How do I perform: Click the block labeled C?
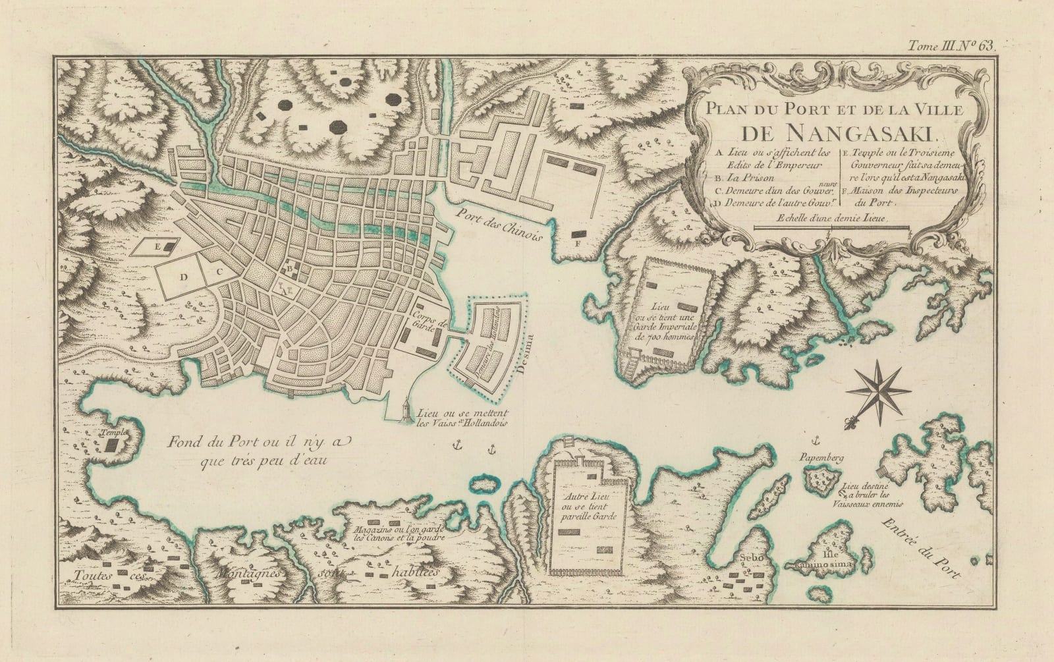click(221, 270)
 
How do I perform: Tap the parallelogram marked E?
click(162, 246)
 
